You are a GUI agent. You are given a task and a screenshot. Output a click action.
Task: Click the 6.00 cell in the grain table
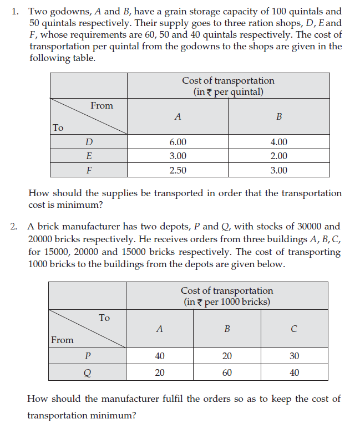178,142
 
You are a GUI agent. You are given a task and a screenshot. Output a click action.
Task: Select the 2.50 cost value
178,170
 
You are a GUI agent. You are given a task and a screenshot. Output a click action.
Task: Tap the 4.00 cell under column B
278,142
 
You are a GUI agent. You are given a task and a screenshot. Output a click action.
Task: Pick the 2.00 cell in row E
278,156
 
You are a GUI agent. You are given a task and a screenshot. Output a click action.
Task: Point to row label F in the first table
89,170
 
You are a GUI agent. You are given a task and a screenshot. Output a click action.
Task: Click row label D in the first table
89,142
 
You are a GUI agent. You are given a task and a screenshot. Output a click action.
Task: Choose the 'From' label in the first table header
102,106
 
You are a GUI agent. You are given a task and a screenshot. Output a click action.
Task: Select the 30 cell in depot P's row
294,356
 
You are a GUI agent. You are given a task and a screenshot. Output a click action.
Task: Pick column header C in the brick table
294,329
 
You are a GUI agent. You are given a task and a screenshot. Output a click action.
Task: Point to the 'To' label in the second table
104,318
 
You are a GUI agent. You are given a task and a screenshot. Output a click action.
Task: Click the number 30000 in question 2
298,226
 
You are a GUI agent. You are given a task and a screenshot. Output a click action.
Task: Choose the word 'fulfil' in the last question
168,399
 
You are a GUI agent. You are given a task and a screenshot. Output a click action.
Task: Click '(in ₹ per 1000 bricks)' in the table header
227,302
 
